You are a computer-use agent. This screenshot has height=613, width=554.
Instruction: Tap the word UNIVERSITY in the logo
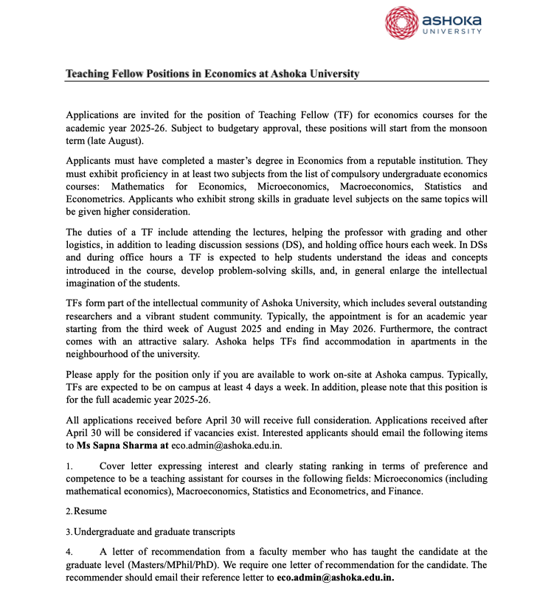point(452,32)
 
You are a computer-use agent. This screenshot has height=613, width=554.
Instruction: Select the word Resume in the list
point(90,510)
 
